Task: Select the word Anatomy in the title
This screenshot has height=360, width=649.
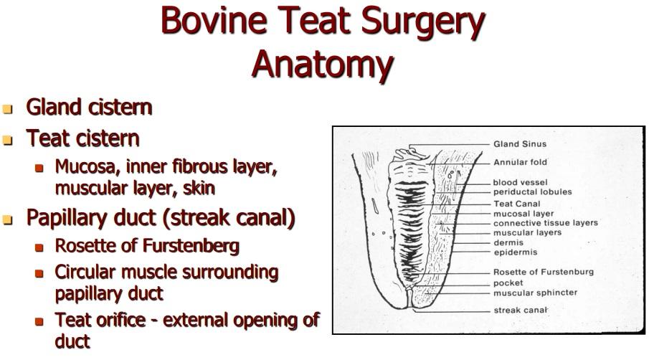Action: pyautogui.click(x=322, y=64)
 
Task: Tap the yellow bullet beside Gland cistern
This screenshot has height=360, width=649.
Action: pyautogui.click(x=7, y=109)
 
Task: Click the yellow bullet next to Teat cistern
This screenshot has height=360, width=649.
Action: pyautogui.click(x=7, y=141)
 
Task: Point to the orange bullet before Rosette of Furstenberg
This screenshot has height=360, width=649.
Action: pyautogui.click(x=39, y=247)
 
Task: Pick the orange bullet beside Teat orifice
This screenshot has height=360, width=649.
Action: pyautogui.click(x=39, y=322)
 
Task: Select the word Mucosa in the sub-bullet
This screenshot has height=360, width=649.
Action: pyautogui.click(x=87, y=167)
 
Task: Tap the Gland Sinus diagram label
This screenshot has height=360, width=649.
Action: pyautogui.click(x=520, y=144)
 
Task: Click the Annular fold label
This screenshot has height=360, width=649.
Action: pyautogui.click(x=520, y=162)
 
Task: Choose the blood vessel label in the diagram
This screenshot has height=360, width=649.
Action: pyautogui.click(x=520, y=182)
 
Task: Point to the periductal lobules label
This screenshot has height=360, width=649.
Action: pyautogui.click(x=532, y=192)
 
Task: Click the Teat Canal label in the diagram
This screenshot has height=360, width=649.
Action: pyautogui.click(x=516, y=204)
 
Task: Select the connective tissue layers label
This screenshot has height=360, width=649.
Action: pyautogui.click(x=546, y=223)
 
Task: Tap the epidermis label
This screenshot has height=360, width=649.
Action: pyautogui.click(x=516, y=252)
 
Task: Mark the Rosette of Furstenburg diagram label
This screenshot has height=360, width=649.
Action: pyautogui.click(x=544, y=272)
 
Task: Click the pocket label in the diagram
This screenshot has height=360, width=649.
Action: pyautogui.click(x=508, y=283)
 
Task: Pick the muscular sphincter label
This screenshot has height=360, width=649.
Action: pyautogui.click(x=535, y=293)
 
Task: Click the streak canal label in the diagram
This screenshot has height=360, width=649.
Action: pyautogui.click(x=521, y=310)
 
